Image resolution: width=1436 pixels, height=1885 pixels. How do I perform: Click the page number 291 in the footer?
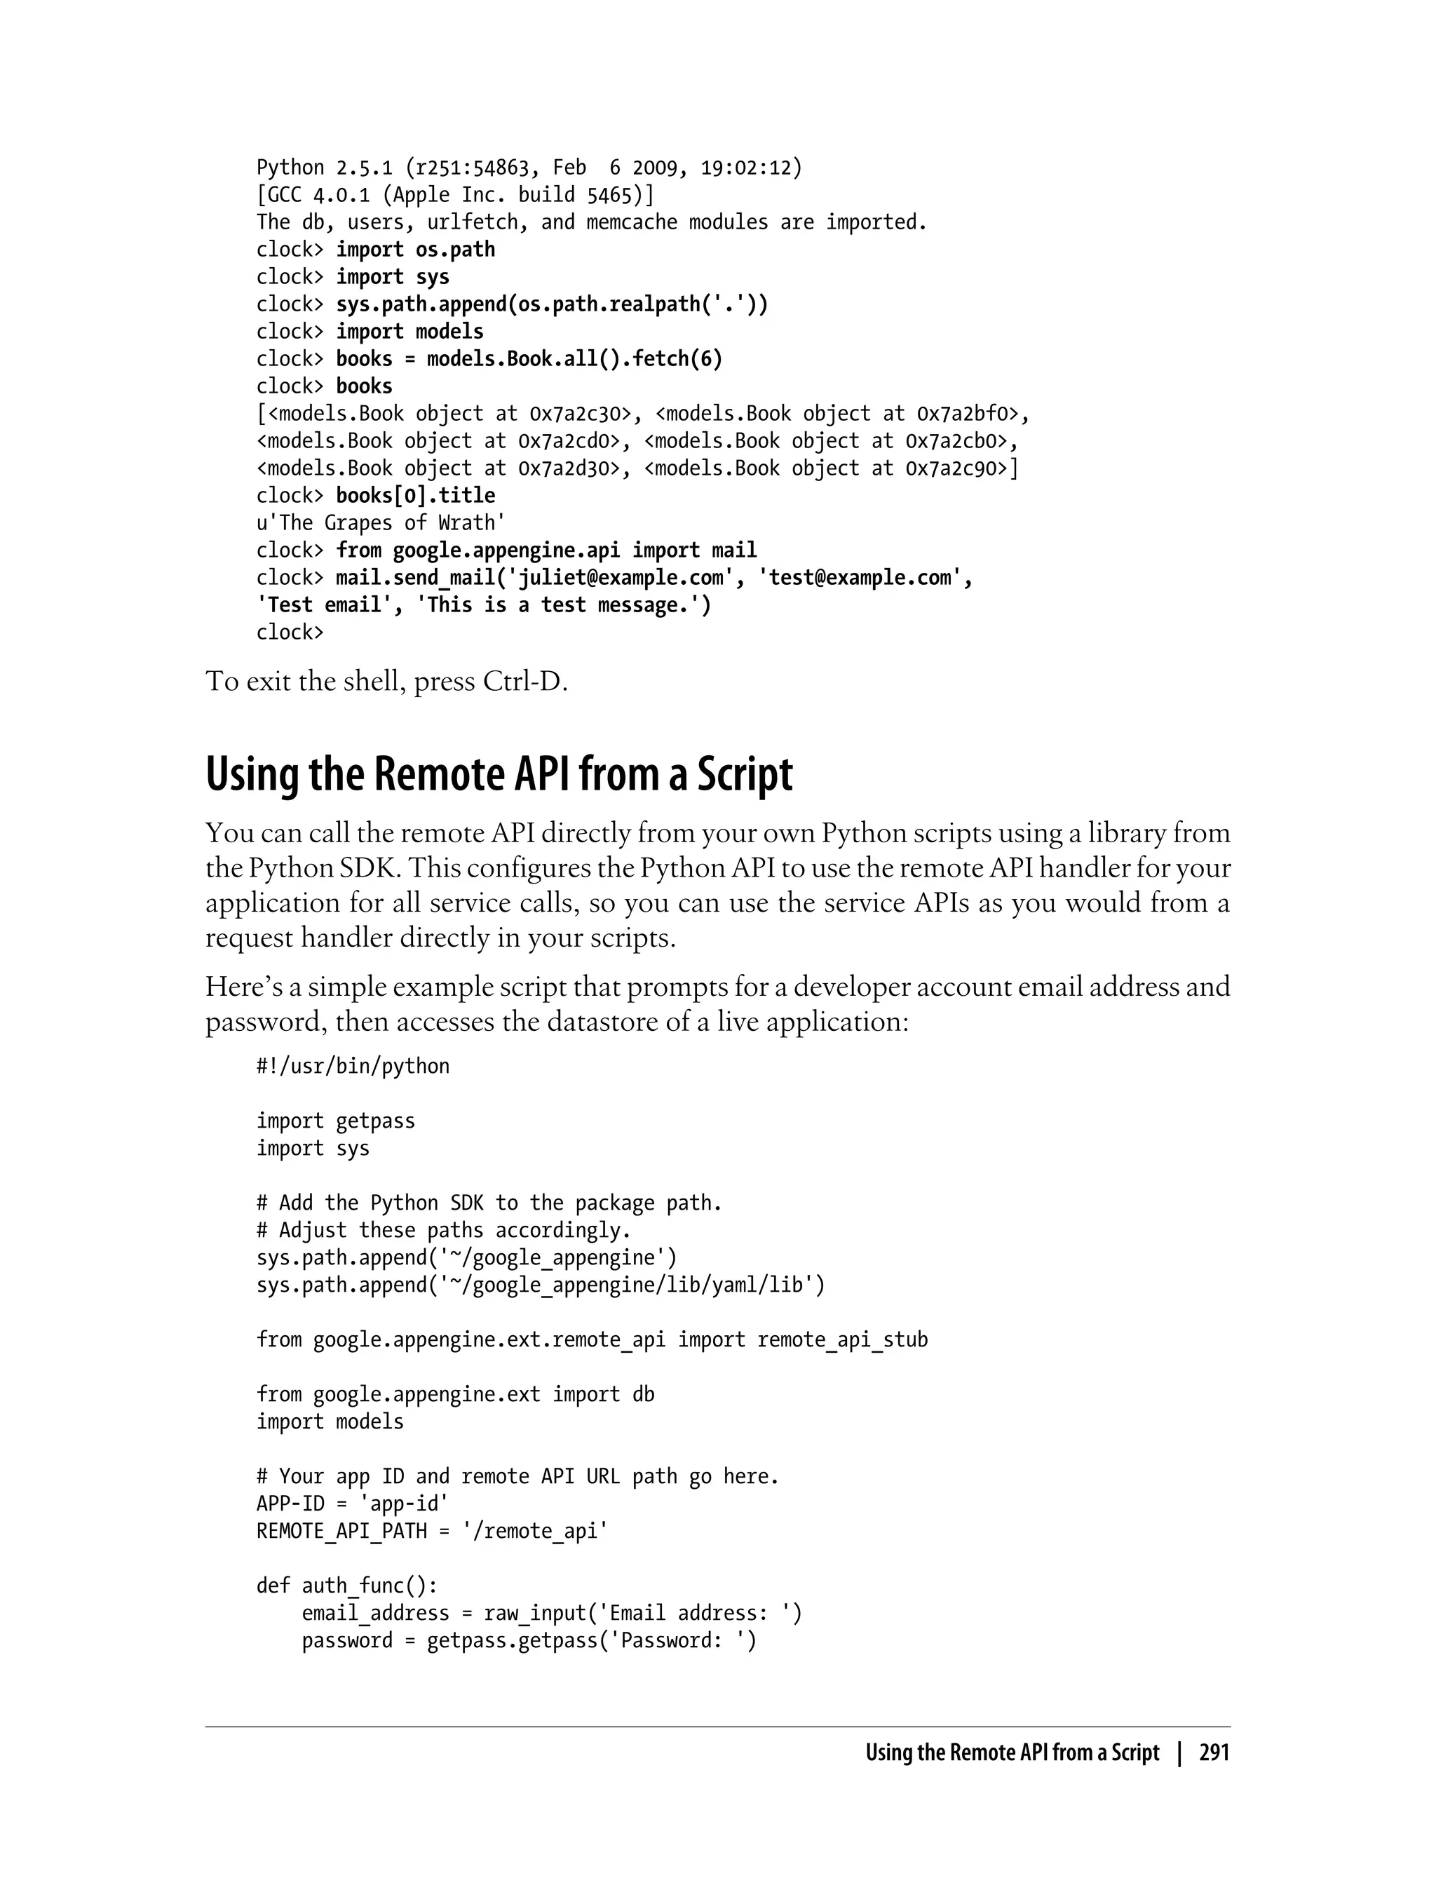click(x=1214, y=1752)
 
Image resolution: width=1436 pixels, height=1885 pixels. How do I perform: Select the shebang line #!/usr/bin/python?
click(x=352, y=1067)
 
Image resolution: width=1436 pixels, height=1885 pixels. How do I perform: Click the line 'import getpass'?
click(x=335, y=1121)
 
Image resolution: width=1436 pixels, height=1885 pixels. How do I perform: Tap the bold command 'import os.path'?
click(x=415, y=250)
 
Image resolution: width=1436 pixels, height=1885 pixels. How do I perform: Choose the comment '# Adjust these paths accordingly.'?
click(x=444, y=1230)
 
